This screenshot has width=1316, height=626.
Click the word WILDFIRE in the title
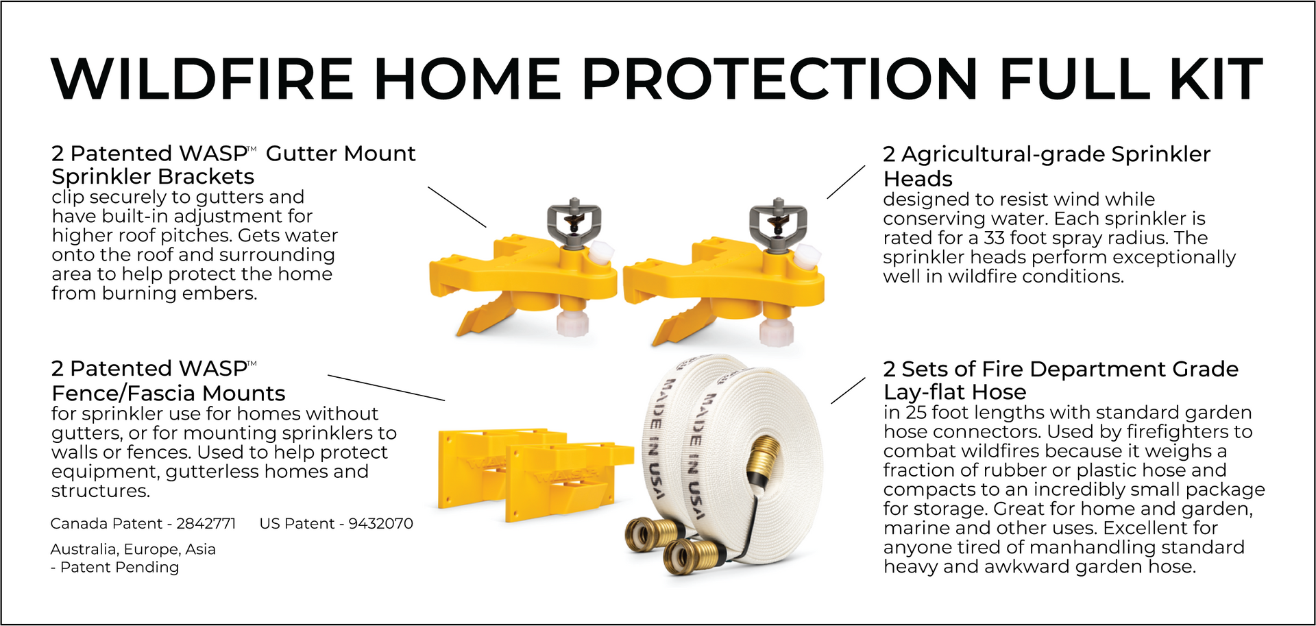203,79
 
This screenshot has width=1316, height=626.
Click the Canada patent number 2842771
206,524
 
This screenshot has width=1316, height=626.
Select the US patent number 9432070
380,524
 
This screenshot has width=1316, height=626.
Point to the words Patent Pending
119,567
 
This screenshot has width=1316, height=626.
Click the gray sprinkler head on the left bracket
574,220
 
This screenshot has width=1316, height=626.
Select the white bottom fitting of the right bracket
776,330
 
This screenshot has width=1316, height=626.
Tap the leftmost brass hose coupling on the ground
648,535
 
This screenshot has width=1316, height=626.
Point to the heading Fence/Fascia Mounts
168,394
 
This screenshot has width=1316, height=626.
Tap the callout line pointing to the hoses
848,390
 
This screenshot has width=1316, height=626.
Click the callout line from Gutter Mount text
457,206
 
